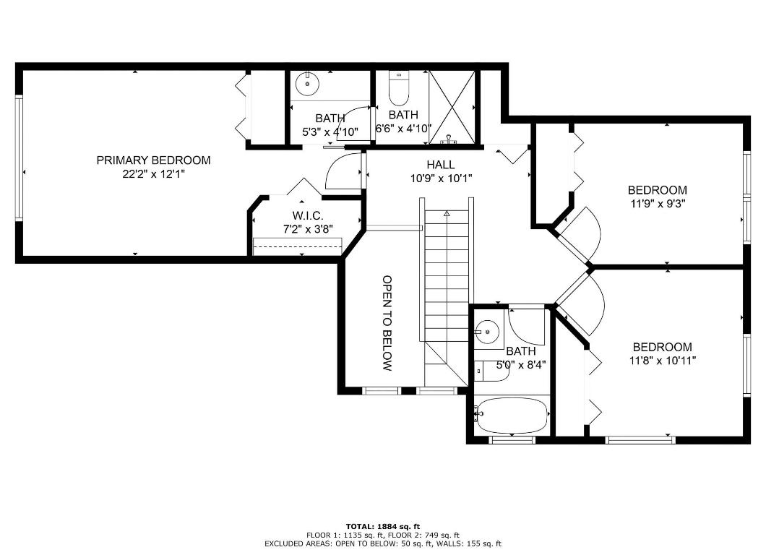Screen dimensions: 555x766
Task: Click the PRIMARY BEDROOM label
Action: click(x=153, y=160)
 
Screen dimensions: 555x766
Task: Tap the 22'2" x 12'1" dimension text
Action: click(x=153, y=174)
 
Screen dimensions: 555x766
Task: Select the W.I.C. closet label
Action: click(x=307, y=216)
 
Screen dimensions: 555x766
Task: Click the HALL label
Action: click(x=440, y=165)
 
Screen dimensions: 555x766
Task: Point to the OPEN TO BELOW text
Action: click(x=387, y=323)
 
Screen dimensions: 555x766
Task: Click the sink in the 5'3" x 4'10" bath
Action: click(x=309, y=83)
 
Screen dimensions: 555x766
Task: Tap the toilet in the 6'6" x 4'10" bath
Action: click(x=398, y=90)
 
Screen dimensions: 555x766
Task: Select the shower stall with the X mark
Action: click(x=453, y=106)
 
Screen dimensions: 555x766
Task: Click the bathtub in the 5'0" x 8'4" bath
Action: click(x=512, y=415)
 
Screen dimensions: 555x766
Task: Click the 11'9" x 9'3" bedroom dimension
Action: click(x=656, y=204)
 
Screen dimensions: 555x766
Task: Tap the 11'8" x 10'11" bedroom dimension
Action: click(x=662, y=361)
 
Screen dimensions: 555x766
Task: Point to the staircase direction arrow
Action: click(x=447, y=214)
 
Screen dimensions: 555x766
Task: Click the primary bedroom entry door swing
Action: click(x=343, y=172)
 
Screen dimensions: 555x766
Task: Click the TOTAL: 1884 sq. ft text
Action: click(x=382, y=526)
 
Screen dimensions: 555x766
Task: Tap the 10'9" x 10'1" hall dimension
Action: click(x=440, y=178)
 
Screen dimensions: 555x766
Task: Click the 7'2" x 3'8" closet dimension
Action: click(x=307, y=229)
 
